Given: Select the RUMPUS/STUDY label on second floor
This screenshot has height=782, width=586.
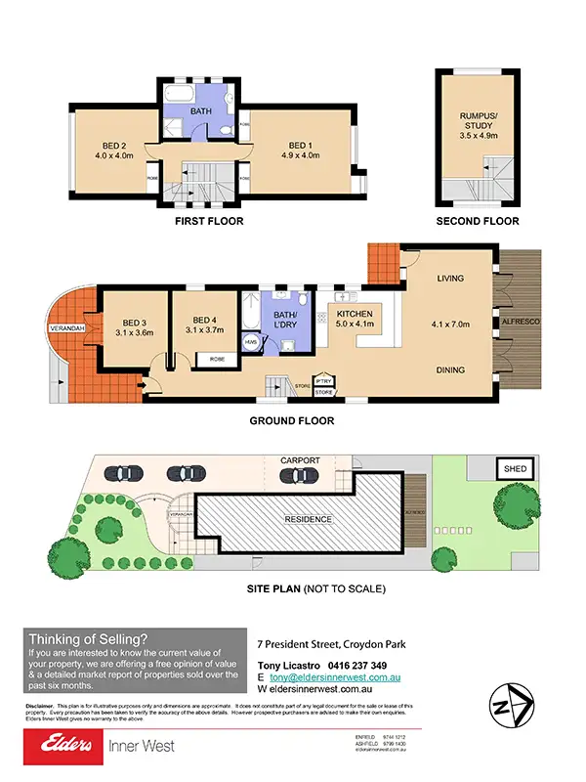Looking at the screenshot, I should [x=479, y=123].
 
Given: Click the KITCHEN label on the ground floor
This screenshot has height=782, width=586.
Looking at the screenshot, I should [x=356, y=314].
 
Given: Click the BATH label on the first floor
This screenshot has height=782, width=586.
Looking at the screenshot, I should [x=200, y=111].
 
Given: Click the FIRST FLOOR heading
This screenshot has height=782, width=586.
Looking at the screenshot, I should [x=209, y=222].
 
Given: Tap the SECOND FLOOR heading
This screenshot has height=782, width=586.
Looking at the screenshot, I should [x=478, y=222].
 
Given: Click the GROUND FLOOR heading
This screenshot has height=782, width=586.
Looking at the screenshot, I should [x=292, y=421].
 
